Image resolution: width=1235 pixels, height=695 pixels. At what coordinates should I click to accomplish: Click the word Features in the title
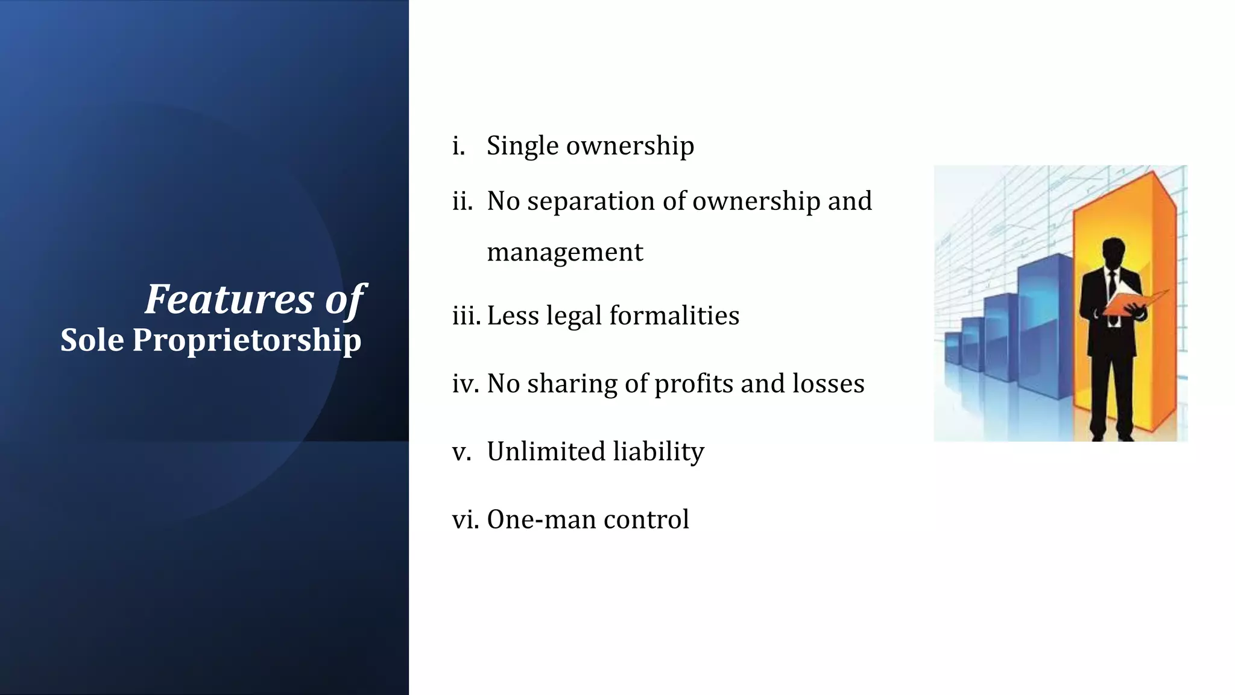click(x=229, y=299)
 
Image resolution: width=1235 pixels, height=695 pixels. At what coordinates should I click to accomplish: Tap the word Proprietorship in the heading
click(x=247, y=340)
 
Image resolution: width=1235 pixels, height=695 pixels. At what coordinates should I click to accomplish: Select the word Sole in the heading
click(x=92, y=340)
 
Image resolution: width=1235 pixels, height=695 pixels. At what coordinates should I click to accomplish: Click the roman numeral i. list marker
click(x=459, y=146)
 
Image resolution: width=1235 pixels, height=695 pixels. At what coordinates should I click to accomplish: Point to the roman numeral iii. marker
click(x=466, y=316)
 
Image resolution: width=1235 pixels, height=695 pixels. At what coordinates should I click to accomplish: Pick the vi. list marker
click(x=466, y=519)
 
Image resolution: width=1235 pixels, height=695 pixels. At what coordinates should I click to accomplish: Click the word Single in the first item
click(x=522, y=146)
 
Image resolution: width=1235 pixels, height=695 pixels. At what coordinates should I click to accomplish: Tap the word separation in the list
click(x=590, y=202)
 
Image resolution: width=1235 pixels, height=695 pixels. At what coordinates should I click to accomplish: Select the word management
click(x=564, y=252)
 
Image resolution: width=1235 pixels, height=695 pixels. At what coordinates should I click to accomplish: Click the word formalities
click(x=674, y=316)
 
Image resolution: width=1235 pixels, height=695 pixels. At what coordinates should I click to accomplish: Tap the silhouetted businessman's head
click(x=1113, y=253)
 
